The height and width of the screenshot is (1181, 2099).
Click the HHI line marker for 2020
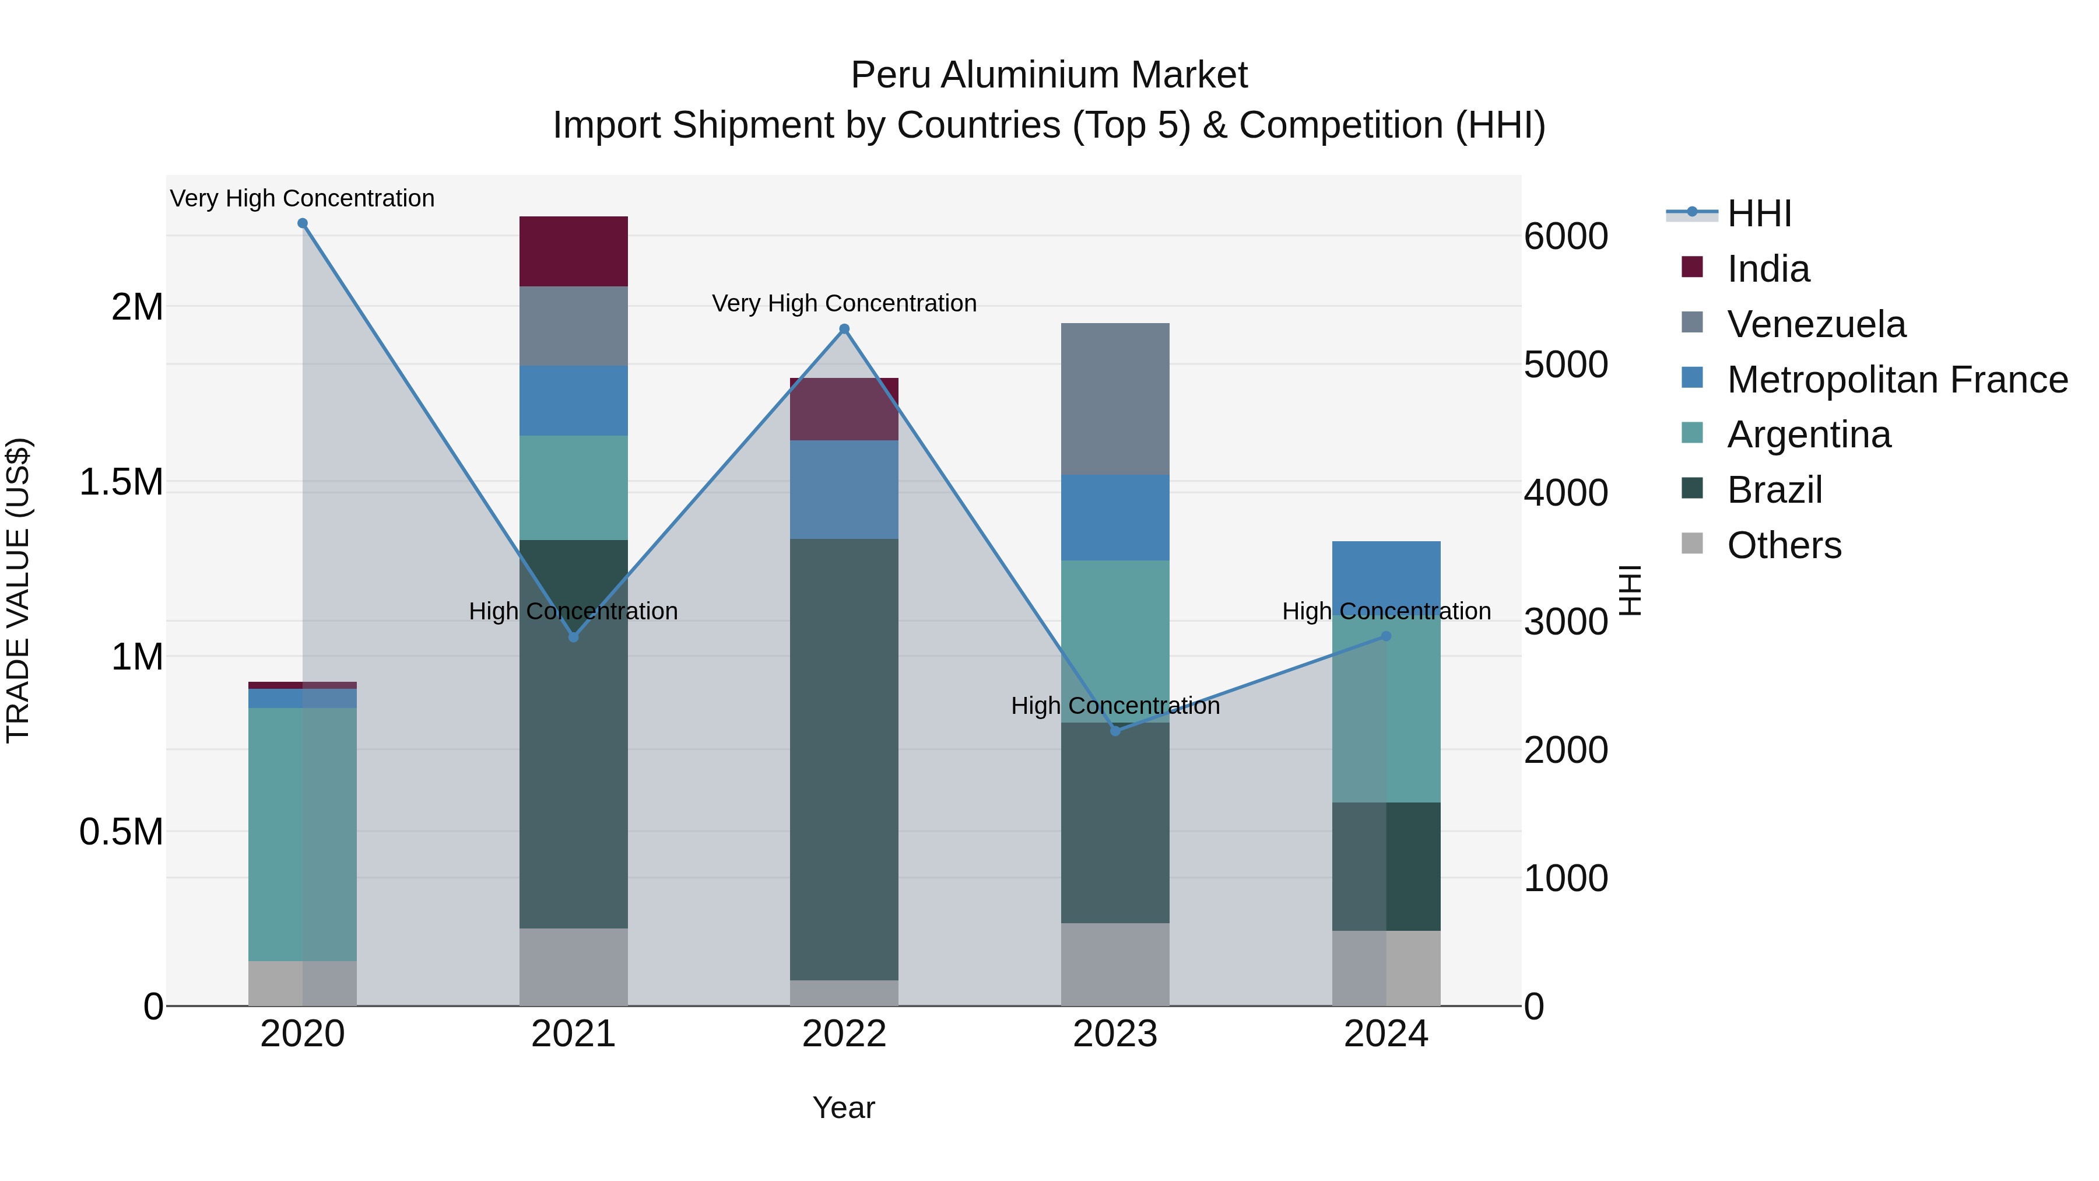point(302,223)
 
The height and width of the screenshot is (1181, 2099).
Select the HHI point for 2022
point(844,330)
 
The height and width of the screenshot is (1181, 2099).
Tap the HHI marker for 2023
point(1115,730)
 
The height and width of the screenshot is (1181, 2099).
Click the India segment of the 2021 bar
point(574,251)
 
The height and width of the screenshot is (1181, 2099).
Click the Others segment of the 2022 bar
point(844,993)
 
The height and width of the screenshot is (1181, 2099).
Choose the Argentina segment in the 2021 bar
point(574,488)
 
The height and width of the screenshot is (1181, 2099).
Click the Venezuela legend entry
point(1816,324)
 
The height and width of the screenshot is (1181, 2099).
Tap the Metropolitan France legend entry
point(1897,380)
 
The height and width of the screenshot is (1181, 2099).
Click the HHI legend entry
point(1758,213)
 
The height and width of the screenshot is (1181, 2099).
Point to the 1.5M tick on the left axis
point(121,482)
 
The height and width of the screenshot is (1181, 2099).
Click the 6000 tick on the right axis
point(1566,236)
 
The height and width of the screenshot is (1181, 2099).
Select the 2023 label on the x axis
point(1115,1034)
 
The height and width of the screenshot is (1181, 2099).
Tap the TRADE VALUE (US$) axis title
point(18,590)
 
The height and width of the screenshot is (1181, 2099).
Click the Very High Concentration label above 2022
point(844,303)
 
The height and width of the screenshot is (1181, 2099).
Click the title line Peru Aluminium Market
point(1049,75)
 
